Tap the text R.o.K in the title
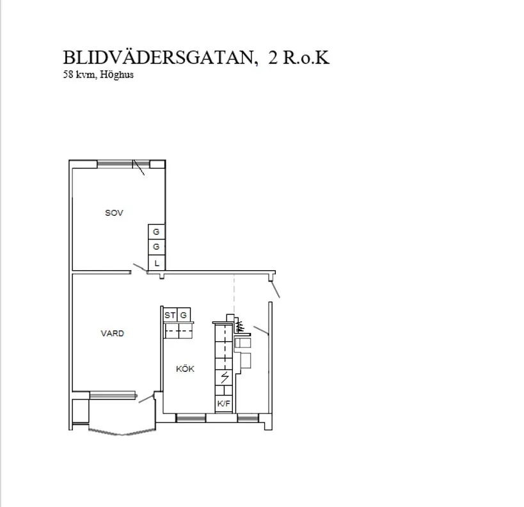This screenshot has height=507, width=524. tap(306, 58)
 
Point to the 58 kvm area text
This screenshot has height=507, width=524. tap(80, 74)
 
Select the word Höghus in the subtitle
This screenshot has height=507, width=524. tap(116, 75)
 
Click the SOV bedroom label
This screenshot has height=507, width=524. tap(114, 213)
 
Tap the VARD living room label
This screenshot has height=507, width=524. tap(113, 334)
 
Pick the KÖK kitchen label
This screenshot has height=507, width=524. tap(185, 369)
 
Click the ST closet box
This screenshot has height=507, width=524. tap(170, 315)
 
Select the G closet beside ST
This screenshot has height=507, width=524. tap(184, 315)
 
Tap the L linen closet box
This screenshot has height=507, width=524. tap(156, 262)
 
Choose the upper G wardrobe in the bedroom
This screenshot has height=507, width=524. tap(156, 232)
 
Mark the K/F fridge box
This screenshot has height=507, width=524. tap(223, 404)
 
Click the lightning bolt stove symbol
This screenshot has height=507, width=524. tap(225, 377)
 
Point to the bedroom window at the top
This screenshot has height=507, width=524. tap(123, 163)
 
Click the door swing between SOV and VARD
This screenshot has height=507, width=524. tap(139, 267)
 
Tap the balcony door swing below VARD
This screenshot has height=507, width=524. tap(147, 398)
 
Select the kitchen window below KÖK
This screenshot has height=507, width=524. tap(191, 418)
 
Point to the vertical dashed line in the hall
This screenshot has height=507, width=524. tap(234, 294)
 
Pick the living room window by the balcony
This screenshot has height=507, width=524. tap(113, 396)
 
